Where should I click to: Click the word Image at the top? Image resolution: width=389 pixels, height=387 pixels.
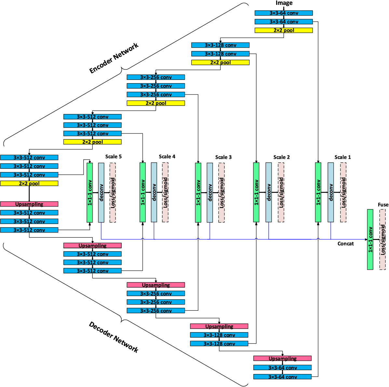point(284,3)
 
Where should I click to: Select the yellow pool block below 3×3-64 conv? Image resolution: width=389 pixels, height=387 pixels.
point(284,30)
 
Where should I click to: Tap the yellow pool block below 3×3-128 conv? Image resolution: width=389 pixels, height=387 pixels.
point(220,62)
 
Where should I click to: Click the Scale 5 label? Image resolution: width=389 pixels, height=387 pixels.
point(113,156)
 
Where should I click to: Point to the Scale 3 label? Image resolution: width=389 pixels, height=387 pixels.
point(223,157)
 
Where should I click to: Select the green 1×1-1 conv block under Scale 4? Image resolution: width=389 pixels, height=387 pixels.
point(142,192)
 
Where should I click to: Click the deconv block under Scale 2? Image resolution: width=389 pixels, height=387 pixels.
point(269,192)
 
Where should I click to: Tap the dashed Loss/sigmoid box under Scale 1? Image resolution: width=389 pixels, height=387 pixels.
point(343,192)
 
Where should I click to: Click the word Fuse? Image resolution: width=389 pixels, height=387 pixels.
point(383,205)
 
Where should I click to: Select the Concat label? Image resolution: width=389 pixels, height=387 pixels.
point(345,243)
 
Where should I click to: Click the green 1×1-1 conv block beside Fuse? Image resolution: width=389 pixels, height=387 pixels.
point(370,239)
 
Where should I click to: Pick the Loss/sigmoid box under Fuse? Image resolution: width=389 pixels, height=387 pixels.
point(382,239)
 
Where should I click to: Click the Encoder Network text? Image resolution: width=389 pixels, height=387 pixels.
point(114,58)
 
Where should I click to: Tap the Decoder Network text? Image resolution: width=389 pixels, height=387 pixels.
point(114,337)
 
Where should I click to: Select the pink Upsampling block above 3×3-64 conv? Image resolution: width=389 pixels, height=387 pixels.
point(282,358)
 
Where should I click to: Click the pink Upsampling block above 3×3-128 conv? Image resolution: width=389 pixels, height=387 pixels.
point(219,326)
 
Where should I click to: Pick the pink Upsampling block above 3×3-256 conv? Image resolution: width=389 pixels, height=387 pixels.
point(156,285)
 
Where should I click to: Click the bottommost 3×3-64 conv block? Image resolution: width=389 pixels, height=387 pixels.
point(282,377)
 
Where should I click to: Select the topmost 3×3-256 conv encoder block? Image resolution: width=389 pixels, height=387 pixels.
point(156,77)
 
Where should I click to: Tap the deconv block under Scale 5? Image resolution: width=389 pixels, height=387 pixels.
point(101,192)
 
